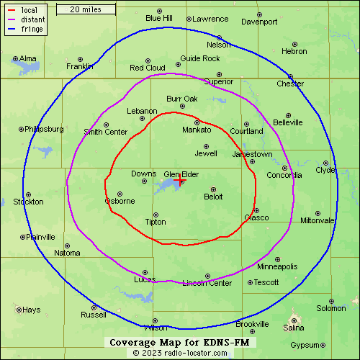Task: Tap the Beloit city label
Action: pyautogui.click(x=213, y=197)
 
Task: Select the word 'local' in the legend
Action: pyautogui.click(x=30, y=10)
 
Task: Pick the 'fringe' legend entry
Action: pyautogui.click(x=32, y=30)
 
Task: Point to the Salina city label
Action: pyautogui.click(x=293, y=328)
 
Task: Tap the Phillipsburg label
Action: pyautogui.click(x=44, y=130)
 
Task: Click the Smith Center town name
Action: pyautogui.click(x=105, y=132)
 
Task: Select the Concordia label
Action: pyautogui.click(x=284, y=176)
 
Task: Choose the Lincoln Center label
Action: pyautogui.click(x=207, y=283)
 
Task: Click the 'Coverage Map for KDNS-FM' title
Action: pyautogui.click(x=179, y=342)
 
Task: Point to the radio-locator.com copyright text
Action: pyautogui.click(x=179, y=354)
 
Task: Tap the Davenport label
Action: pyautogui.click(x=259, y=22)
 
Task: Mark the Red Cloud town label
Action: pyautogui.click(x=147, y=68)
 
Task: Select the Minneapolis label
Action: pyautogui.click(x=277, y=266)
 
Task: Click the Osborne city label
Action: pyautogui.click(x=120, y=201)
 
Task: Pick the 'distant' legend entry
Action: pyautogui.click(x=34, y=20)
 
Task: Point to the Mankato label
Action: pyautogui.click(x=197, y=130)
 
